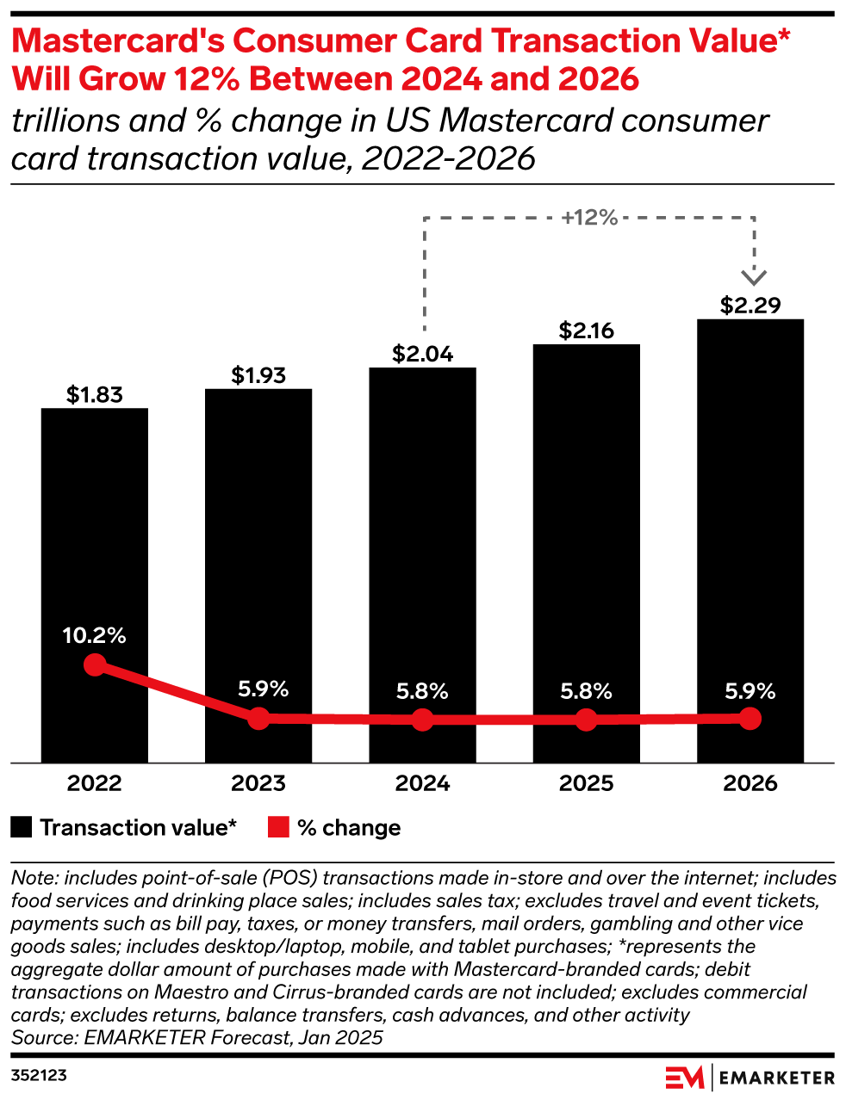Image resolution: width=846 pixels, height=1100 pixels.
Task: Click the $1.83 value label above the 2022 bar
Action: tap(95, 395)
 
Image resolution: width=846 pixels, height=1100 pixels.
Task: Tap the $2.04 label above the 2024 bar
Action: tap(422, 354)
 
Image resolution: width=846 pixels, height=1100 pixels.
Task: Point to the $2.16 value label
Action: tap(586, 331)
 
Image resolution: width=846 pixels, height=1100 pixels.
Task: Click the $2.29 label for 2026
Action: tap(750, 306)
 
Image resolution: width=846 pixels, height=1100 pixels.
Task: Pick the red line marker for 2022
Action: tap(95, 664)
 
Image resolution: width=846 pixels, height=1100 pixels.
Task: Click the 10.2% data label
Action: tap(95, 636)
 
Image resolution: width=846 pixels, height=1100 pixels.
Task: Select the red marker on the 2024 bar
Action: tap(422, 720)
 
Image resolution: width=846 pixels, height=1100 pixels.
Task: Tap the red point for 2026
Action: tap(750, 718)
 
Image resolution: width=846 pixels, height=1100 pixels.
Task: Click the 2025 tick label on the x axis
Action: tap(586, 783)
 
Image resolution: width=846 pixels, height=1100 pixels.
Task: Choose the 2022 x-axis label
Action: tap(95, 783)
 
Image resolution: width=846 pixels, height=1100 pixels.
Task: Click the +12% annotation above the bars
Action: tap(589, 218)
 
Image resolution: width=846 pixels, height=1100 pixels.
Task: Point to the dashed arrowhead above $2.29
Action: tap(755, 276)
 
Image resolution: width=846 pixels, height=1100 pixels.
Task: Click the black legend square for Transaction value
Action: tap(22, 827)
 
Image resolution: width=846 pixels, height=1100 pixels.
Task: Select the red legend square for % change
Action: tap(278, 827)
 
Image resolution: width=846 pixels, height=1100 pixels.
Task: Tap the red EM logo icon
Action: tap(685, 1077)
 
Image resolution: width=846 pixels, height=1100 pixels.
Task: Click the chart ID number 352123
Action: tap(39, 1076)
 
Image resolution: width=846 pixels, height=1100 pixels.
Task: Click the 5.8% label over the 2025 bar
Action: tap(586, 691)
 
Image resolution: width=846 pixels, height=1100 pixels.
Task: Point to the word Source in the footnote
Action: tap(42, 1037)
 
